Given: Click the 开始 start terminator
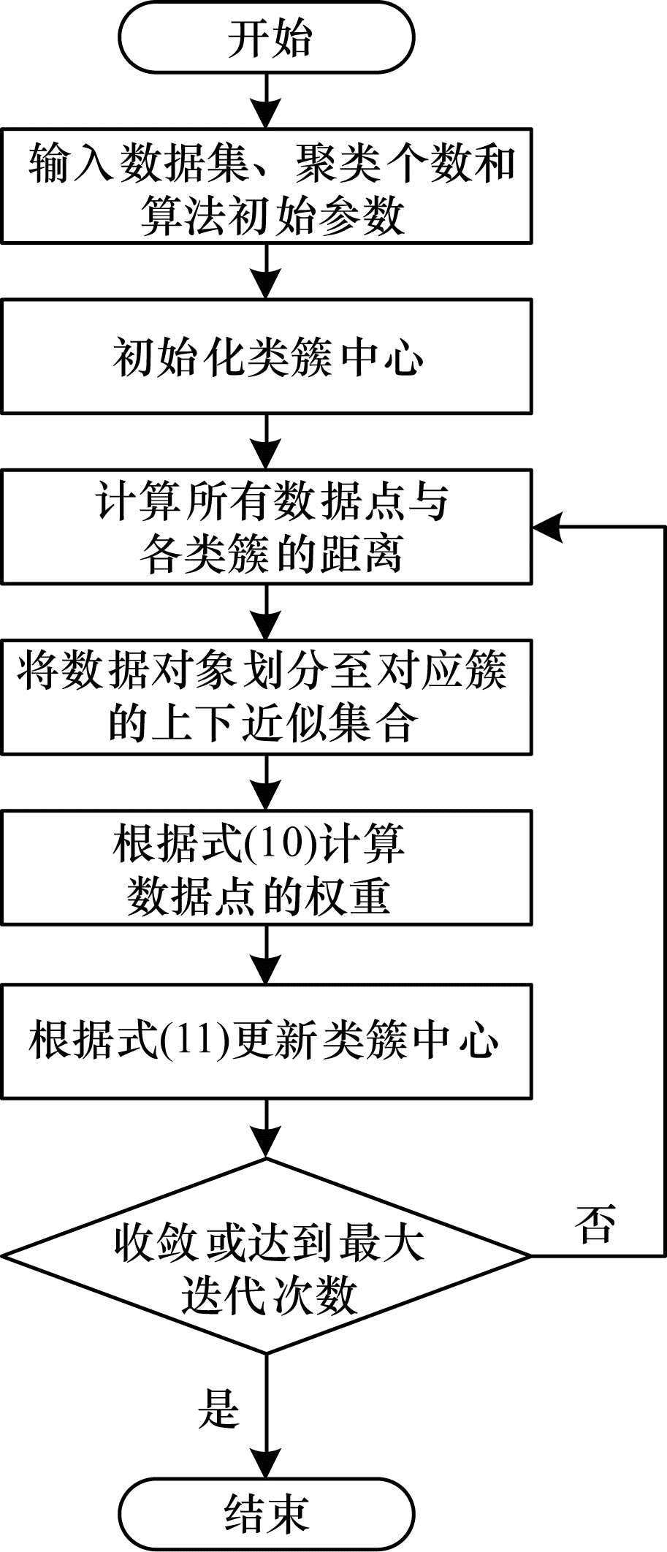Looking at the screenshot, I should [267, 38].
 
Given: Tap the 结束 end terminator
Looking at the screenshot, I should [267, 1513].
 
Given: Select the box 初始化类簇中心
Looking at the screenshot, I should [267, 357].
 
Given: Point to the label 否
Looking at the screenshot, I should [595, 1223].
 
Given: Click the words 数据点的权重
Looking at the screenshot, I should [259, 895].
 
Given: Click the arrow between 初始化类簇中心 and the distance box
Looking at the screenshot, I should [267, 442].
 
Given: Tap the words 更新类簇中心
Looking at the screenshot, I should [365, 1041].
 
